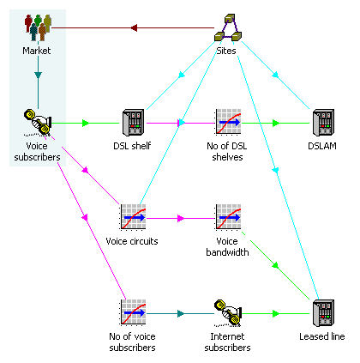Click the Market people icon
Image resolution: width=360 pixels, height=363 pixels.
pos(38,27)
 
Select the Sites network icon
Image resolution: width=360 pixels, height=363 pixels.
pos(228,27)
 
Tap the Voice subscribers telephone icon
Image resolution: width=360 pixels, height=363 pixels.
pos(38,123)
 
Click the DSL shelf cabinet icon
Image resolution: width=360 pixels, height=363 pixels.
pos(133,123)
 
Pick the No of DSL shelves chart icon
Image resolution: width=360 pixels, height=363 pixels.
pos(228,122)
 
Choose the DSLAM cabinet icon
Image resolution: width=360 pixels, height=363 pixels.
pos(323,123)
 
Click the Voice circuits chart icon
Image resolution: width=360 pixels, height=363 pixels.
pos(133,217)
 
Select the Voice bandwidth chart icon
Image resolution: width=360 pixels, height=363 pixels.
pos(228,217)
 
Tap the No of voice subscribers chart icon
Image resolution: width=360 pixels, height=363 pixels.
pos(133,312)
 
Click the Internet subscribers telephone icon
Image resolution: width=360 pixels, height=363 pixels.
pos(228,313)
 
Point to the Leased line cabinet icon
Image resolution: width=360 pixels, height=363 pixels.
pos(323,313)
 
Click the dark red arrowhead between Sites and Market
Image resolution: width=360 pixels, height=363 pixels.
pos(134,27)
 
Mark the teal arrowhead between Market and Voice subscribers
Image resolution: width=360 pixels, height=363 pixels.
pos(38,76)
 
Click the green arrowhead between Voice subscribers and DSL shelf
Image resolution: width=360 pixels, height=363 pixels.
pos(86,124)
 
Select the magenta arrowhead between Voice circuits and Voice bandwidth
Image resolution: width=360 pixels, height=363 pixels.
pos(181,219)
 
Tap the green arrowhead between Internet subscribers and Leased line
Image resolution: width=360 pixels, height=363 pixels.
pos(276,314)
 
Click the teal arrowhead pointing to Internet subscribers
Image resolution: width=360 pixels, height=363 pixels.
pos(181,314)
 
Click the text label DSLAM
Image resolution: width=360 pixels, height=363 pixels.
pos(322,146)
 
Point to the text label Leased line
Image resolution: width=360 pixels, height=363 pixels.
pos(322,336)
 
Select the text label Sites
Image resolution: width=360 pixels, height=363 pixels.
pos(226,51)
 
